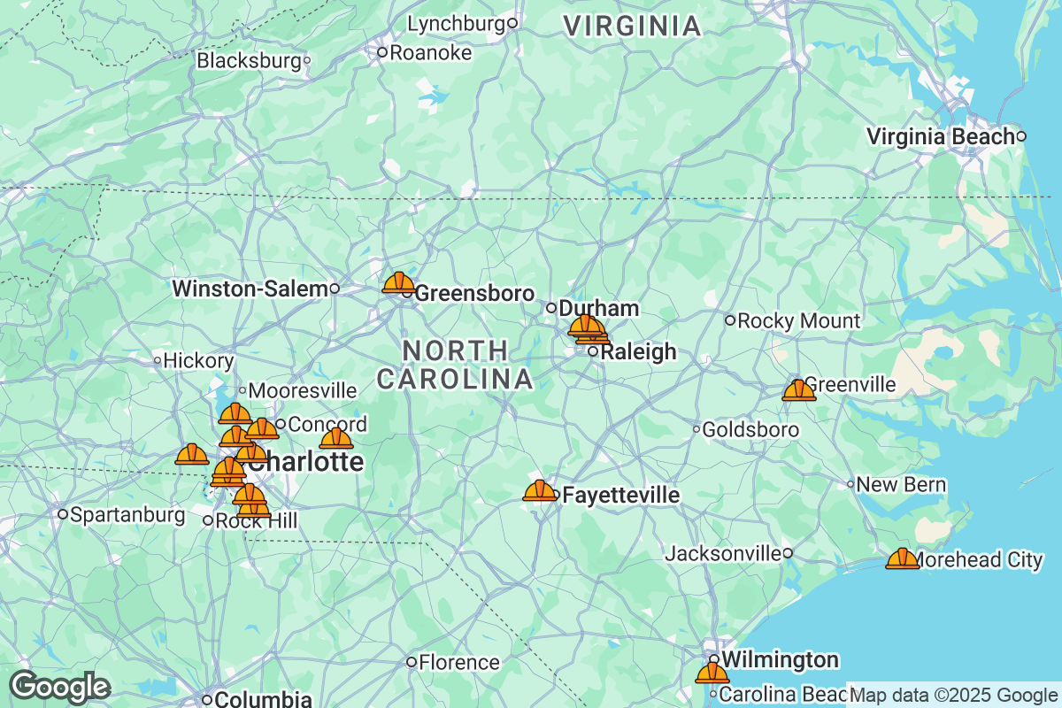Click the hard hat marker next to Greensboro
[x=398, y=283]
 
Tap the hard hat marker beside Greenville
[x=798, y=390]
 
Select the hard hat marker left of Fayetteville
[x=540, y=491]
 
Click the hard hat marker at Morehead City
[x=902, y=558]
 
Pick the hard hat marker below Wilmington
[x=712, y=673]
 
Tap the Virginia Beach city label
[x=940, y=137]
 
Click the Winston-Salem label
[x=250, y=289]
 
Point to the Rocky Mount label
[x=798, y=320]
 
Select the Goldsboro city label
[x=750, y=430]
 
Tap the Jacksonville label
[x=723, y=553]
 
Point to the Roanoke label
[x=430, y=53]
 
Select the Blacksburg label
[x=249, y=61]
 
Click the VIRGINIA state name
[x=633, y=27]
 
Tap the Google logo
[x=59, y=687]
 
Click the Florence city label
[x=458, y=662]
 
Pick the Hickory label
[x=198, y=360]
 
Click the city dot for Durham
[x=550, y=308]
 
